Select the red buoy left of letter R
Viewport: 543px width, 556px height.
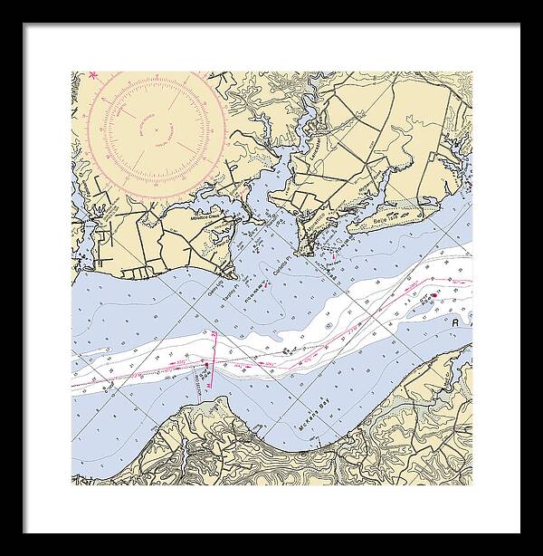pyautogui.click(x=433, y=295)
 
